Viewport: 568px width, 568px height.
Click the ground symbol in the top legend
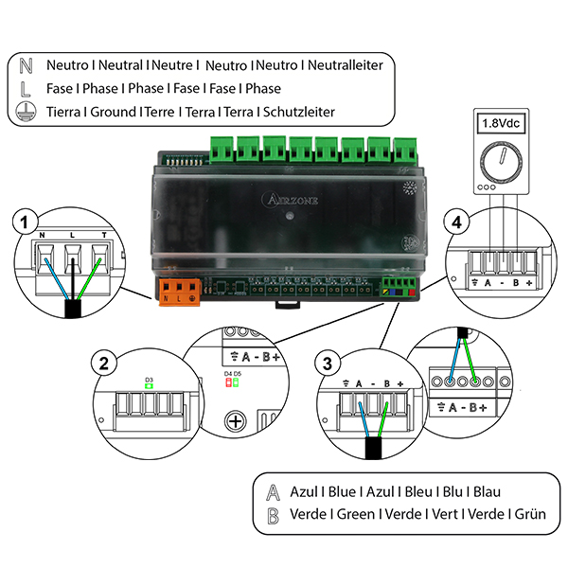pos(27,112)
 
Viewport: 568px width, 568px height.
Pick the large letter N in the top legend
pos(27,66)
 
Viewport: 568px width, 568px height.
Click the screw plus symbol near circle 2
pos(234,421)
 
